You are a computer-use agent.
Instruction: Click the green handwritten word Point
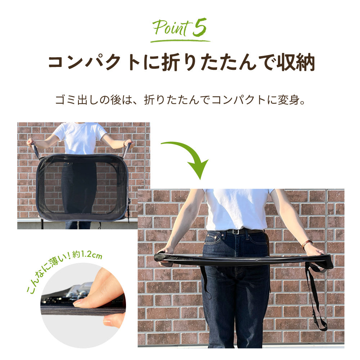[172, 28]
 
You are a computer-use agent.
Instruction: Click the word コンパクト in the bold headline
[94, 62]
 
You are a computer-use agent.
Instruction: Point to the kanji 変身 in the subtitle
[289, 100]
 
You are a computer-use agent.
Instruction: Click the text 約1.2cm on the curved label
[87, 255]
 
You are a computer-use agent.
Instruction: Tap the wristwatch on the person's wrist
[306, 244]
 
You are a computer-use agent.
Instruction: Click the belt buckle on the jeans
[234, 231]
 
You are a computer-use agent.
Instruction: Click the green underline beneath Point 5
[180, 41]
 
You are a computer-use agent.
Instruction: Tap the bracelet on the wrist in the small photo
[125, 144]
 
